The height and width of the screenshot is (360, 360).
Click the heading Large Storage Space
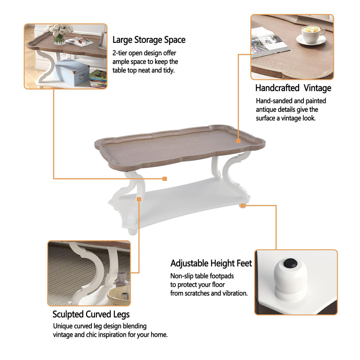(149, 40)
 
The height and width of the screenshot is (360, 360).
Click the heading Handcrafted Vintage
(293, 88)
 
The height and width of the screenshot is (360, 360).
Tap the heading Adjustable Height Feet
(211, 263)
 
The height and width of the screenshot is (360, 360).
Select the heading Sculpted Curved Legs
(91, 314)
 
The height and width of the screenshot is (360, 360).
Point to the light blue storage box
(71, 72)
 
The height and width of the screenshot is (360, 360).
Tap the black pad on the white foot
(290, 263)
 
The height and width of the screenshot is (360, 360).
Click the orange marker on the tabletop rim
(238, 141)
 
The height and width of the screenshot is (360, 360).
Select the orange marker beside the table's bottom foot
(243, 206)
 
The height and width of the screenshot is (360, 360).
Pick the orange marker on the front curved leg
(139, 199)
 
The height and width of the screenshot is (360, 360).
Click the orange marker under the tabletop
(165, 179)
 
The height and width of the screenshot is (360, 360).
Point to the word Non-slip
(182, 276)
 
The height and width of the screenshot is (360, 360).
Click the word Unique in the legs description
(63, 326)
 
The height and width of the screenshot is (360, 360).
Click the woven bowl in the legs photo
(119, 296)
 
